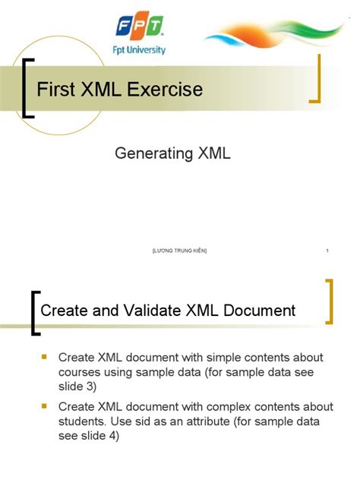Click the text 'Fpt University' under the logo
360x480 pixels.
click(x=139, y=50)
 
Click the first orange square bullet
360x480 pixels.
click(x=43, y=356)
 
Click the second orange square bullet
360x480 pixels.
click(x=43, y=406)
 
